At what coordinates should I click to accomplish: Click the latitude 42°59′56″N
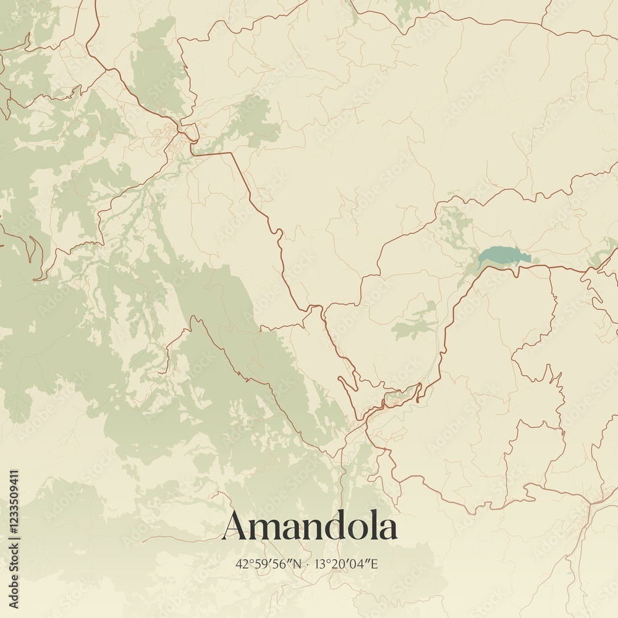[x=269, y=564]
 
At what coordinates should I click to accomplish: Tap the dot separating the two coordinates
[x=308, y=564]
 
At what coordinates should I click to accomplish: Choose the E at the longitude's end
[x=374, y=564]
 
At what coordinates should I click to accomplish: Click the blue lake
[x=504, y=255]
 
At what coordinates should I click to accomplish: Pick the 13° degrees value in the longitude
[x=321, y=564]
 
